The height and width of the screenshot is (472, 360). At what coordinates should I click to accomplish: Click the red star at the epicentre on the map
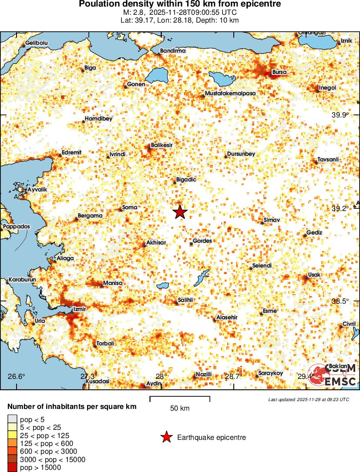(x=180, y=212)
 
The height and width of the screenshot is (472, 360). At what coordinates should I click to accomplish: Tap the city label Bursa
(x=279, y=72)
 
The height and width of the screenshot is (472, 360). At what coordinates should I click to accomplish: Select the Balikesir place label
(x=162, y=145)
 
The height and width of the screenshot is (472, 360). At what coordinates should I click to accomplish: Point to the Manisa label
(x=113, y=283)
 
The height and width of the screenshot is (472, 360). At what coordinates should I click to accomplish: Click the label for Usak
(x=314, y=275)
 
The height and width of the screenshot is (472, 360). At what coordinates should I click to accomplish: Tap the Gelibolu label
(x=36, y=43)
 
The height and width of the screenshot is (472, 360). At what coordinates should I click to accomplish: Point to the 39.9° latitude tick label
(x=340, y=115)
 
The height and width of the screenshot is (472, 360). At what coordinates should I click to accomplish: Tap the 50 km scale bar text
(x=179, y=408)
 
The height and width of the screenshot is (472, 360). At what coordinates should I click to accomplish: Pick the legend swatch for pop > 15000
(x=12, y=467)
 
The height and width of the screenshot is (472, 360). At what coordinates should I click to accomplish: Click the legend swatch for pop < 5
(x=12, y=419)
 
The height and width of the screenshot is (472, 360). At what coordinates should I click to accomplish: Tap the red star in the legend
(x=166, y=437)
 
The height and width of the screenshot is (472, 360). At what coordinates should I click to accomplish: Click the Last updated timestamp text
(x=309, y=399)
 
